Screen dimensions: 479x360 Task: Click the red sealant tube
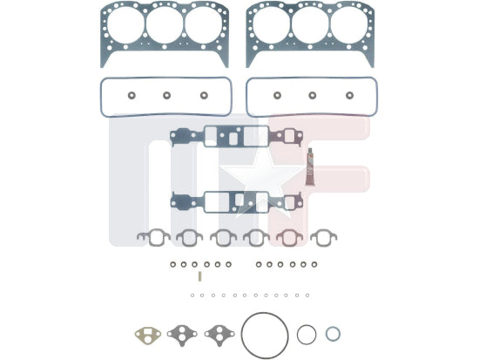click(x=310, y=166)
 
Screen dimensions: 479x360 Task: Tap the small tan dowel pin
click(x=200, y=276)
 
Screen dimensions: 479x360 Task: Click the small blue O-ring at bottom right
click(x=333, y=334)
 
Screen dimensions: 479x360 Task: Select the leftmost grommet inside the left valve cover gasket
click(x=132, y=95)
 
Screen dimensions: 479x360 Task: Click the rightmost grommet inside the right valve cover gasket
click(x=349, y=95)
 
